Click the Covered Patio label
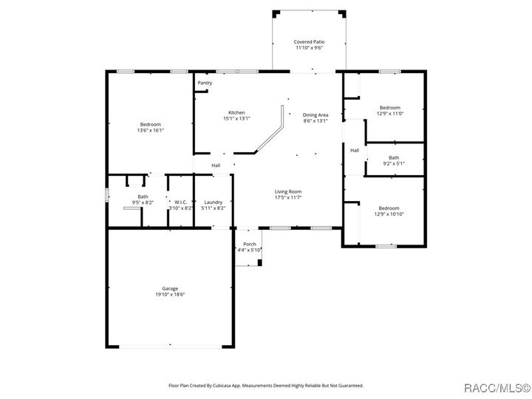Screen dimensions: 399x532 [x=308, y=42]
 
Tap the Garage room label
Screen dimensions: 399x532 [x=170, y=288]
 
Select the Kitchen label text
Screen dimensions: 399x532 [x=236, y=112]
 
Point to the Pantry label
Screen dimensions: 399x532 [x=205, y=83]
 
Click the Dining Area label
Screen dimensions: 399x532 [x=316, y=115]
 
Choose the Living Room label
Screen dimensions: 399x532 [x=288, y=191]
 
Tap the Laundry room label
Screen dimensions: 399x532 [x=214, y=202]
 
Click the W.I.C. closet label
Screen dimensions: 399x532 [x=181, y=202]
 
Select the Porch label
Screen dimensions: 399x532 [x=250, y=244]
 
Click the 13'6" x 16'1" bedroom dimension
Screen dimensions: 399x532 [x=150, y=131]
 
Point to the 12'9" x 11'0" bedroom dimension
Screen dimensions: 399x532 [x=390, y=114]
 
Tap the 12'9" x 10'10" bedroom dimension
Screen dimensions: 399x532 [x=390, y=214]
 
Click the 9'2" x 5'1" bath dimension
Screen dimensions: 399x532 [x=394, y=163]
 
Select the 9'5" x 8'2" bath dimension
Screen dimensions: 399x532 [x=143, y=202]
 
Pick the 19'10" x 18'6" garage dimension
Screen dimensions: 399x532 [x=170, y=295]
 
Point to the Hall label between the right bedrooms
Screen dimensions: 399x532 [x=355, y=150]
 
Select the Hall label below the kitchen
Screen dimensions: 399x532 [x=216, y=165]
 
